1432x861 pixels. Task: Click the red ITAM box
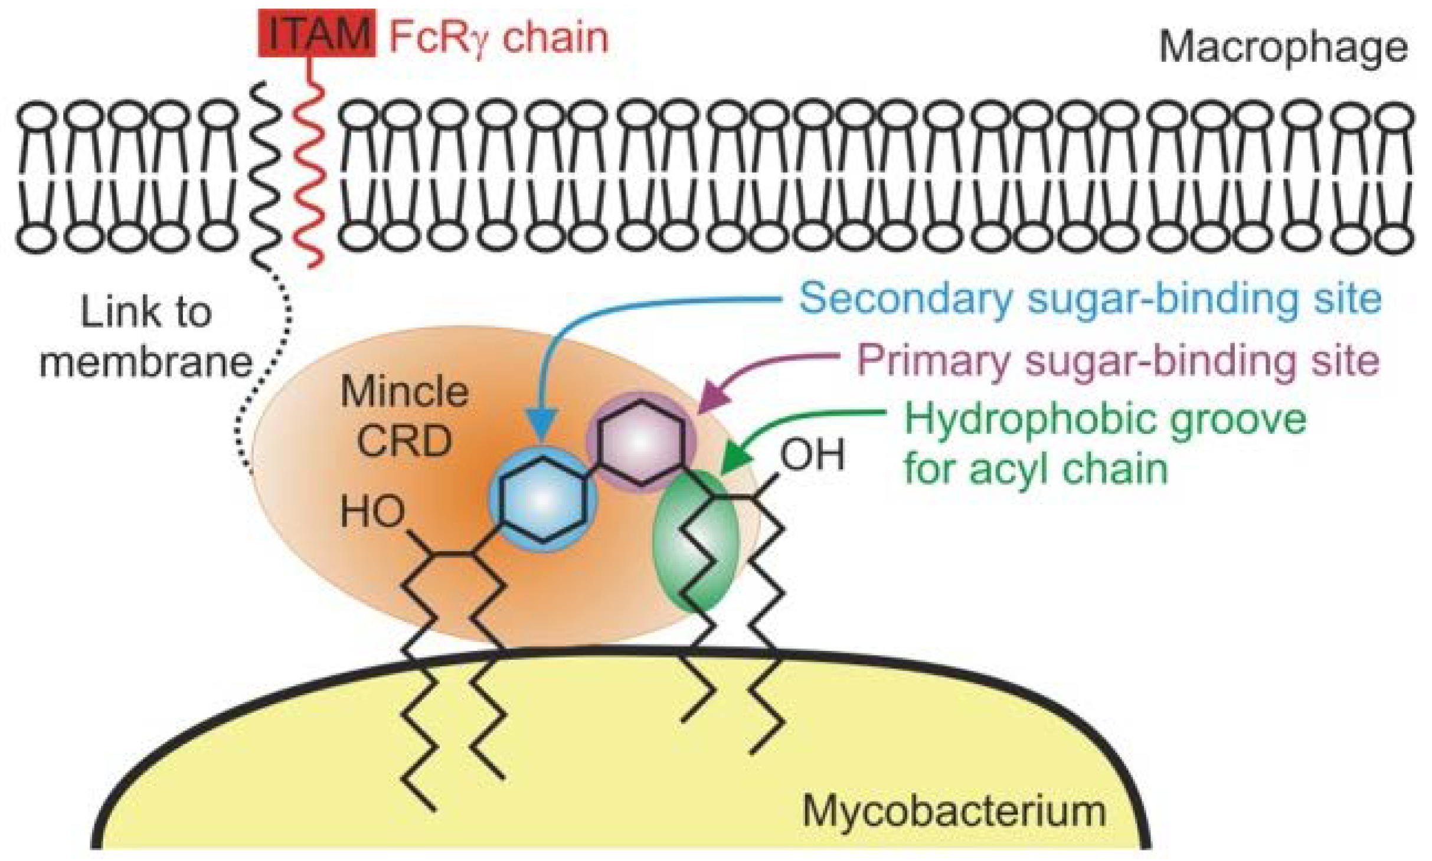[317, 34]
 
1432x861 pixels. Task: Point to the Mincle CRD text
[405, 417]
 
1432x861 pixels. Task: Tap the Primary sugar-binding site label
[1117, 359]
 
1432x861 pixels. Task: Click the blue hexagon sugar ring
[543, 499]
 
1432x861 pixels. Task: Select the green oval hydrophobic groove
[697, 543]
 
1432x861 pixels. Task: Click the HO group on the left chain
[372, 512]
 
